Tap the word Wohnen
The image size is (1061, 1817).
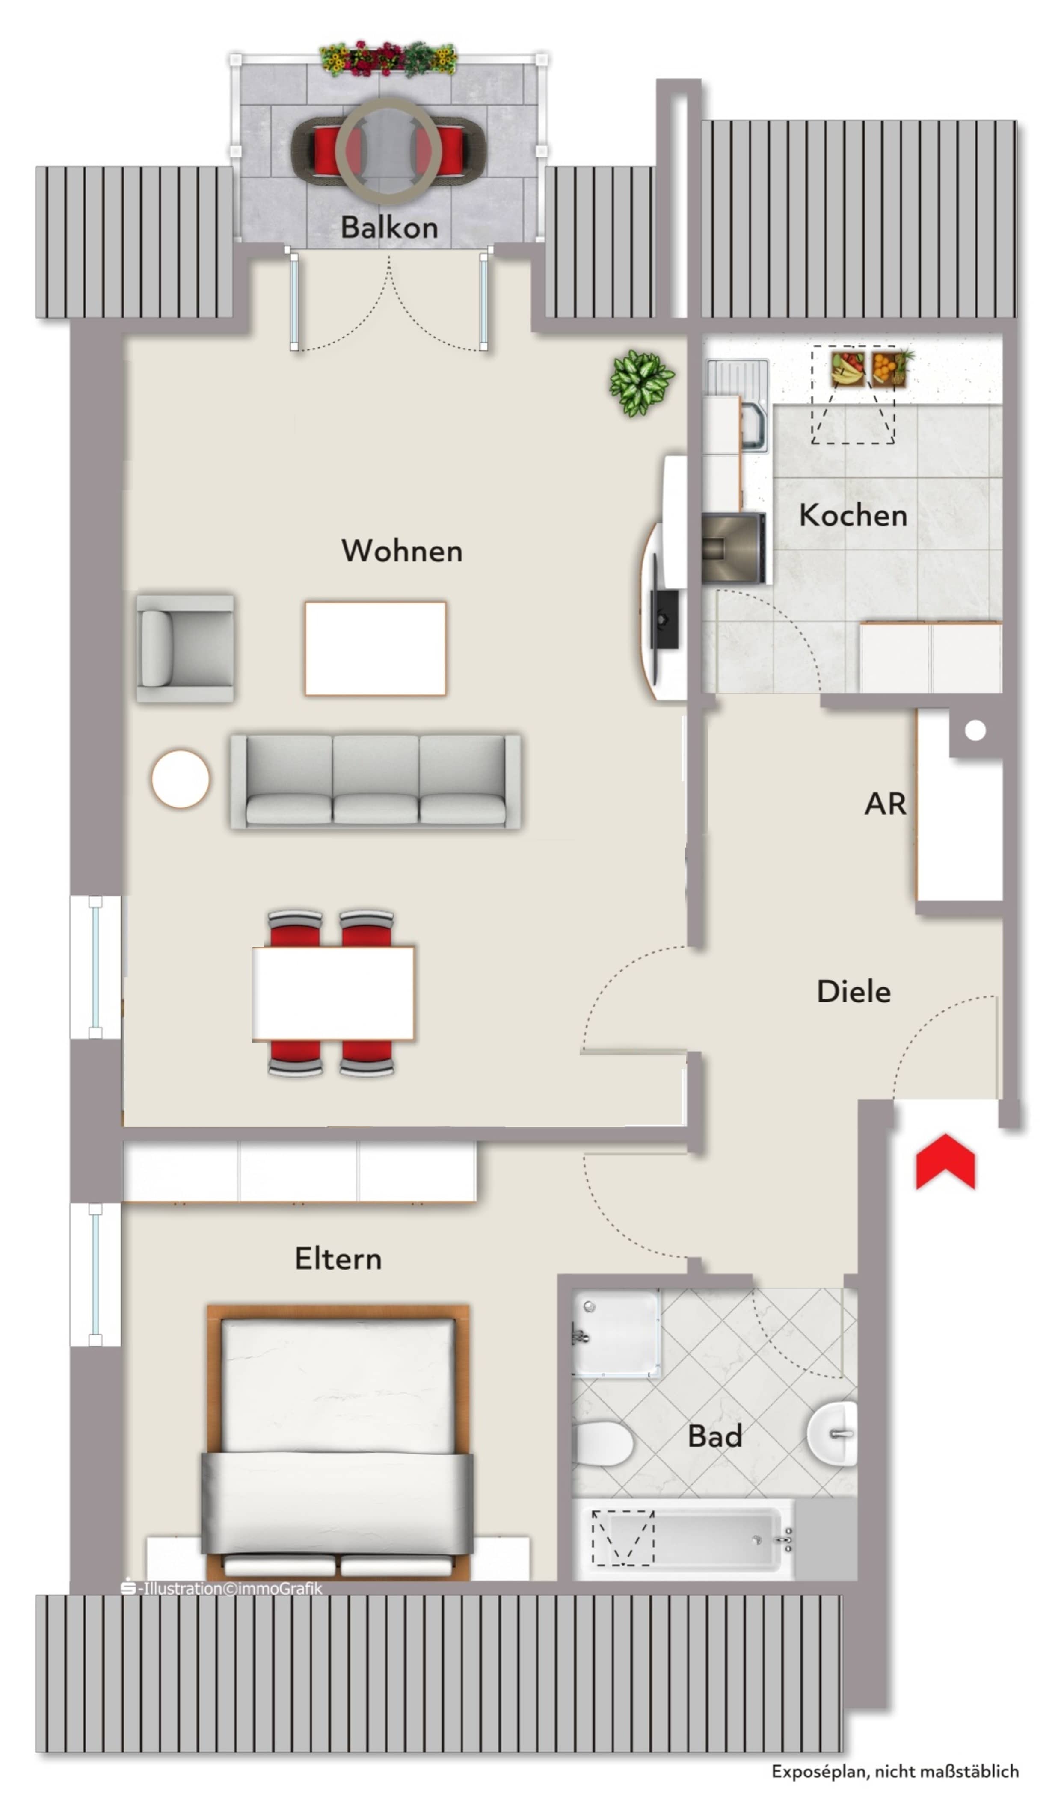(402, 551)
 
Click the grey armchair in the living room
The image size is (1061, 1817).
(185, 648)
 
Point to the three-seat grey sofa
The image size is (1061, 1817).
(375, 781)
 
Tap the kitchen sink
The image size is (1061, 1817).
(738, 405)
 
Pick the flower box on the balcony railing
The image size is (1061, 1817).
(388, 59)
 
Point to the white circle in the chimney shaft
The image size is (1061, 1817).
(975, 730)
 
